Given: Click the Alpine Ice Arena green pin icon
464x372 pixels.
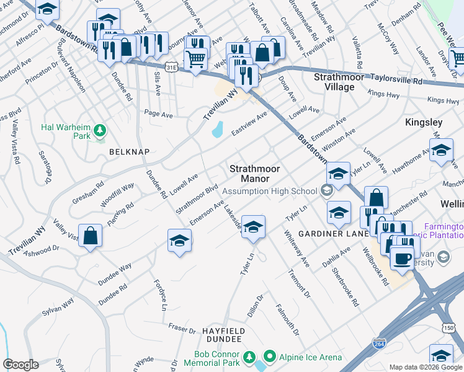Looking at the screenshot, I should [x=269, y=356].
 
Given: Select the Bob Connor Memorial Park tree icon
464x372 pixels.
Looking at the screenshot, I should [x=249, y=357].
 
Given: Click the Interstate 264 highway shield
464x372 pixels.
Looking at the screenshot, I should [x=378, y=342].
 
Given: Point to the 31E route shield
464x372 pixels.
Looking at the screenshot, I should [x=171, y=65].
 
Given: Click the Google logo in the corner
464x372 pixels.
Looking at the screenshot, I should [x=21, y=365].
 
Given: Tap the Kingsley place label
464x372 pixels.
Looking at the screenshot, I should [x=423, y=122].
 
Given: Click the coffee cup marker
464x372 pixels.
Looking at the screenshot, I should [x=402, y=256].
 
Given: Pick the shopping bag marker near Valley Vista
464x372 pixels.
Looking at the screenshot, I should [x=91, y=236].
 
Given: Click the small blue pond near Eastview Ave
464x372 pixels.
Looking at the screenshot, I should [x=217, y=129].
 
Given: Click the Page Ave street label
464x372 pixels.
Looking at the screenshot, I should [x=158, y=114].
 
